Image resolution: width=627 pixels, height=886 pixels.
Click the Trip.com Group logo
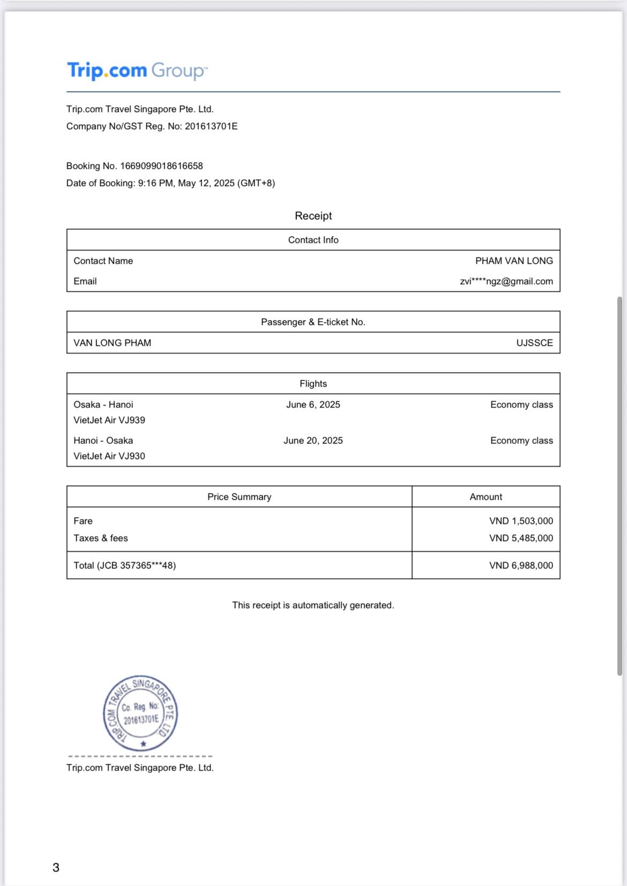[x=137, y=70]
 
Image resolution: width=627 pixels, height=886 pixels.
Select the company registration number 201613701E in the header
[x=211, y=127]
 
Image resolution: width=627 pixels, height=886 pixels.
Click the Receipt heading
[x=313, y=216]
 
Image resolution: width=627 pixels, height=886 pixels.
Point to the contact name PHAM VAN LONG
[x=514, y=261]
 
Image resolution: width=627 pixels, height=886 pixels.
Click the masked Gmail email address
[x=506, y=282]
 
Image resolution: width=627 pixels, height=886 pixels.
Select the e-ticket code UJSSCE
[x=534, y=343]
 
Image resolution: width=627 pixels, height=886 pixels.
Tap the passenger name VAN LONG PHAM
[x=112, y=343]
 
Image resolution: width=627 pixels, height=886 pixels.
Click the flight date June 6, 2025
[x=313, y=405]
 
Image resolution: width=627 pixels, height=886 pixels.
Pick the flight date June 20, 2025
[x=313, y=441]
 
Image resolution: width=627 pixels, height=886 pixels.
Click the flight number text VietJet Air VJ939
[x=109, y=420]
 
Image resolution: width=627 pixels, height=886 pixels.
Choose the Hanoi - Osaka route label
[x=103, y=441]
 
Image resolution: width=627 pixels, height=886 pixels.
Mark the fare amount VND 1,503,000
[x=521, y=521]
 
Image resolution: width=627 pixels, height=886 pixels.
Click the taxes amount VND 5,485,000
[x=521, y=538]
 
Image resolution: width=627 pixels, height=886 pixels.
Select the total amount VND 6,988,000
[x=521, y=566]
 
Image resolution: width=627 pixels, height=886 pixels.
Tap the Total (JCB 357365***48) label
[x=124, y=566]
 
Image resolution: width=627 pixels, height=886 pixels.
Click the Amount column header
[x=486, y=497]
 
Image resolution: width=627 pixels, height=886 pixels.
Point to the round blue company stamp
[x=140, y=713]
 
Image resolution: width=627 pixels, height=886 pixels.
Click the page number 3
[x=56, y=868]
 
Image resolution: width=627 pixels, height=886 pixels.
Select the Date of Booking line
[x=170, y=183]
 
